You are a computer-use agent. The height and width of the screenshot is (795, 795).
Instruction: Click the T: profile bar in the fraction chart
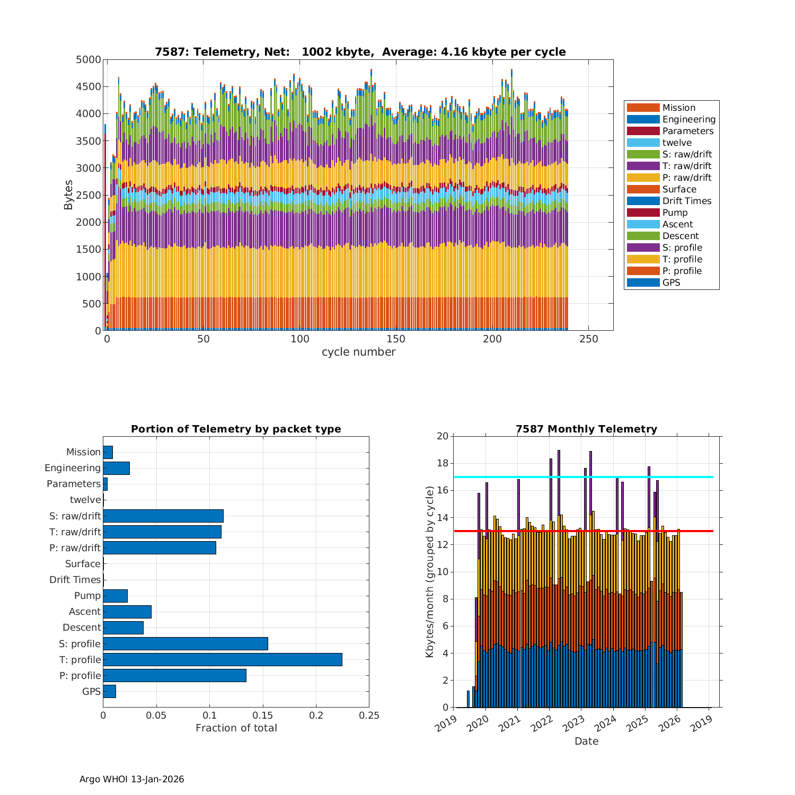(x=223, y=659)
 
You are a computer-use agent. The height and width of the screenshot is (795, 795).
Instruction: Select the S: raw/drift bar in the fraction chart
(x=163, y=516)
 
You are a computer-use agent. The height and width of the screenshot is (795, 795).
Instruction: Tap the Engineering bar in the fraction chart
(x=117, y=468)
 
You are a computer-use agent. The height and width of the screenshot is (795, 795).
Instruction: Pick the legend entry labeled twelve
(x=677, y=143)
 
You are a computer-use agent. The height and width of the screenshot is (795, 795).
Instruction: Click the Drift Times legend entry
(x=686, y=201)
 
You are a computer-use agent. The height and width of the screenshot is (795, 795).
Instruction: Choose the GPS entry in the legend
(x=671, y=282)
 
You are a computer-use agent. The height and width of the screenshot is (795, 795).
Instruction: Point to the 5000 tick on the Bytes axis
(x=89, y=60)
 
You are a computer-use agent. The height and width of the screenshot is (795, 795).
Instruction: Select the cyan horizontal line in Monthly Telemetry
(x=583, y=477)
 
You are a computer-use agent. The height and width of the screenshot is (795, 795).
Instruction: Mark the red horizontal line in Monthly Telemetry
(x=583, y=531)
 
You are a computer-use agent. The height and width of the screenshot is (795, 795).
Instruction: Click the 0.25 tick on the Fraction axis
(x=369, y=715)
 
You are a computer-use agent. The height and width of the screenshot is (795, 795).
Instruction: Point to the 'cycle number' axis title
(x=358, y=352)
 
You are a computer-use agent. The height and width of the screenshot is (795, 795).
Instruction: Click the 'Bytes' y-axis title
(x=69, y=195)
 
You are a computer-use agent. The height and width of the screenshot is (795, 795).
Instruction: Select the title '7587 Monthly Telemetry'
(x=586, y=429)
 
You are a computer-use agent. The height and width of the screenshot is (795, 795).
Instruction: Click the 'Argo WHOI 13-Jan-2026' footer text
(x=131, y=779)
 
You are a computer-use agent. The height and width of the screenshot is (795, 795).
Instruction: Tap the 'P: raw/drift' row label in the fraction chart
(x=75, y=548)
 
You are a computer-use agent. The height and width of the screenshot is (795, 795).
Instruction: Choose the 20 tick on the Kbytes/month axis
(x=442, y=436)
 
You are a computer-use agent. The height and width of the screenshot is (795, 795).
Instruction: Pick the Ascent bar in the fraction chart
(x=127, y=612)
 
